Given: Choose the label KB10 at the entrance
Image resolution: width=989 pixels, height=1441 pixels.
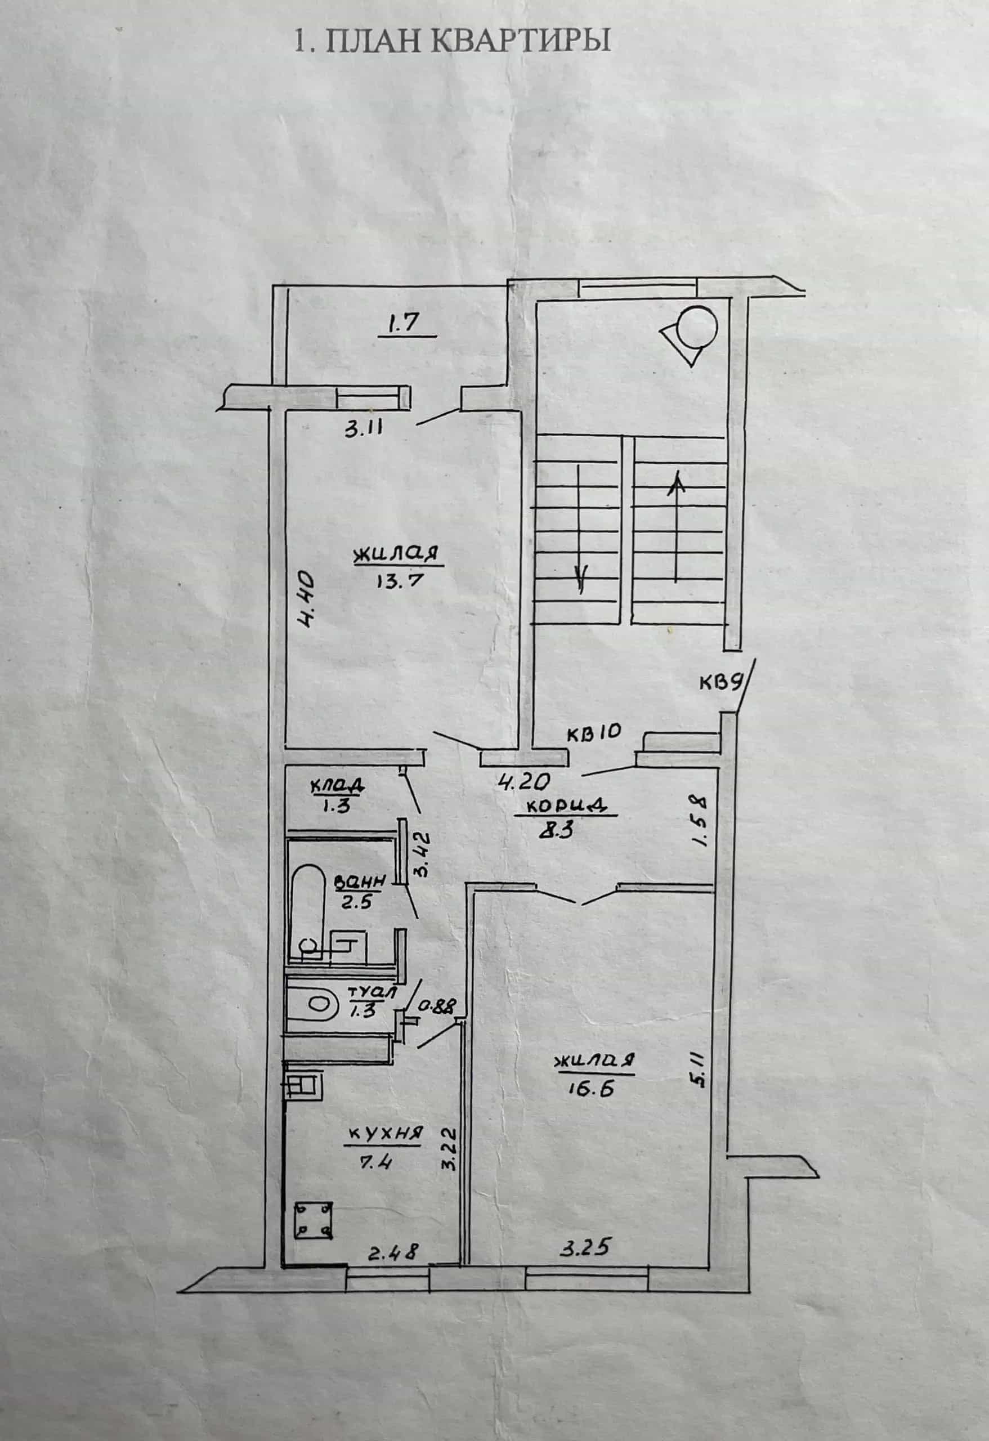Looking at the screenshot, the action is (x=593, y=732).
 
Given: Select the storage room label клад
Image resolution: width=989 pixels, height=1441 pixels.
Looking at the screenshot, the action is (x=337, y=786).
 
